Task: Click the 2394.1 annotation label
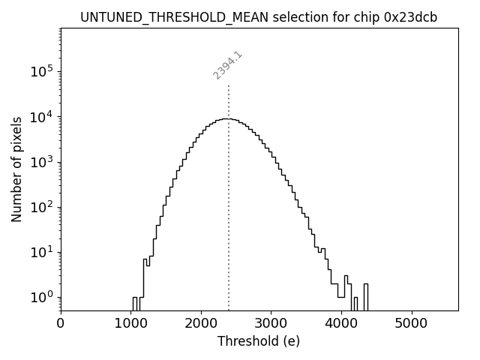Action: [228, 65]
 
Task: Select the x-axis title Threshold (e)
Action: [259, 341]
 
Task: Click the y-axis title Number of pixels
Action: [16, 169]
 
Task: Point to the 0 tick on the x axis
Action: [61, 324]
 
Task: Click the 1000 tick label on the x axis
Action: [130, 324]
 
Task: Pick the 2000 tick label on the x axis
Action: [201, 324]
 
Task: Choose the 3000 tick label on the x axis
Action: [271, 324]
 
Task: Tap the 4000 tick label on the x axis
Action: [341, 324]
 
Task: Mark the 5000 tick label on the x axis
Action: [411, 324]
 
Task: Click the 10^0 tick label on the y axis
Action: [41, 297]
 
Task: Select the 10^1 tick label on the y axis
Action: [41, 252]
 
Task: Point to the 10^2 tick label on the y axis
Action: [41, 207]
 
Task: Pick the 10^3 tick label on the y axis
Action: [41, 162]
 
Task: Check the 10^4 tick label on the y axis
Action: [41, 117]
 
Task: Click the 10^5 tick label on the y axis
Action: [41, 72]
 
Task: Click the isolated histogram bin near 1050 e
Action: [134, 303]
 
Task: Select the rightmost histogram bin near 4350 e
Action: [365, 297]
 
